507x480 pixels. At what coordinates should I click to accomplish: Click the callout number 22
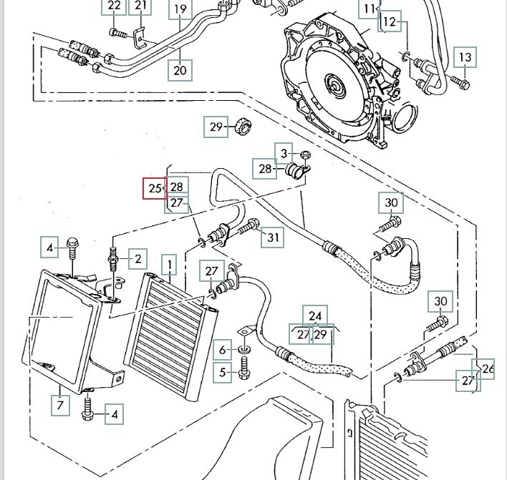pos(114,7)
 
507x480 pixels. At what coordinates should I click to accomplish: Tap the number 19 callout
pos(180,10)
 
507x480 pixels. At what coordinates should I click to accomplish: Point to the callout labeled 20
pos(179,69)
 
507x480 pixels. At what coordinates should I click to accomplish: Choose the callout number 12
pos(389,22)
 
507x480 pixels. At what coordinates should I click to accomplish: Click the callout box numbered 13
pos(465,57)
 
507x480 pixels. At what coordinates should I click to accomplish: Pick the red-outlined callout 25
pos(154,189)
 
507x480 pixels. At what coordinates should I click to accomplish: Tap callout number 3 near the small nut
pos(284,153)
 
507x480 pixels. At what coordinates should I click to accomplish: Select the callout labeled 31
pos(273,237)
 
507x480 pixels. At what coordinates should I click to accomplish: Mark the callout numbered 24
pos(316,315)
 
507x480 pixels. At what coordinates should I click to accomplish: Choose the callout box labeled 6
pos(222,350)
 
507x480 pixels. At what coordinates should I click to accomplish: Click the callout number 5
pos(222,372)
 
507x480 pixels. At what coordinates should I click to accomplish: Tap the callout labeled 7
pos(60,406)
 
